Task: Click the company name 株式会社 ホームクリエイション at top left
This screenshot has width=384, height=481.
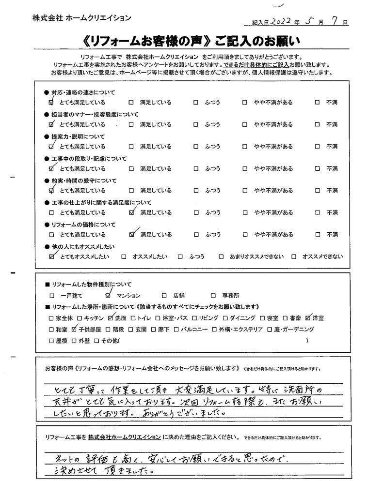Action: click(81, 17)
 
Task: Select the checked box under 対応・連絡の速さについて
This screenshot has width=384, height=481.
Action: click(52, 103)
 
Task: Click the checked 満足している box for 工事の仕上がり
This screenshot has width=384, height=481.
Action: click(131, 212)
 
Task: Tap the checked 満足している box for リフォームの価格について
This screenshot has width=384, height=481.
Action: click(131, 235)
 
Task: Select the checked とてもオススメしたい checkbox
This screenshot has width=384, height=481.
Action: click(52, 256)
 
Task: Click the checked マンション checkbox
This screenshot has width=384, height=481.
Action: click(107, 295)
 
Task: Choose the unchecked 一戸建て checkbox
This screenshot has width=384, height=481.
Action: click(52, 295)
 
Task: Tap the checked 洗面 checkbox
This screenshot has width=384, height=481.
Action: click(111, 318)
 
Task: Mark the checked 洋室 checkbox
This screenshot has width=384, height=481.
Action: click(308, 318)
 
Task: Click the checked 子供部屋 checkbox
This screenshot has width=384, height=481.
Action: click(74, 330)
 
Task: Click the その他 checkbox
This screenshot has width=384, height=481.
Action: click(97, 341)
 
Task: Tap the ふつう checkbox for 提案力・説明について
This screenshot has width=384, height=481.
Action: click(196, 147)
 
